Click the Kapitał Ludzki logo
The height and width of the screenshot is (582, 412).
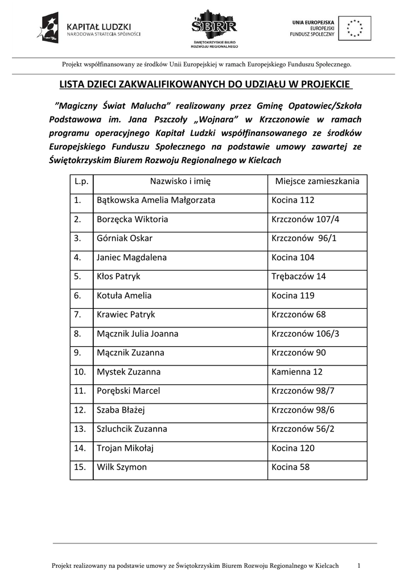pos(88,27)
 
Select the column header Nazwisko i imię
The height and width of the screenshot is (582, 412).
pos(180,181)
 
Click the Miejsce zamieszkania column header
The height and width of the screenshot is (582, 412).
pos(317,181)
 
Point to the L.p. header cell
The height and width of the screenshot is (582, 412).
pos(81,181)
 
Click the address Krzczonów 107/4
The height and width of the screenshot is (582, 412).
pos(305,219)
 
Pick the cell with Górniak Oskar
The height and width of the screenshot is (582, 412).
pos(125,238)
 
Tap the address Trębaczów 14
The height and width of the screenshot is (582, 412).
pos(299,276)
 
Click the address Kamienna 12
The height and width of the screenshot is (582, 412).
pos(297,372)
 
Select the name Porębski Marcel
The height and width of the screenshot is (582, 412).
pos(129,390)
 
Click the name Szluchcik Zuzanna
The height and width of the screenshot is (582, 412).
pos(132,429)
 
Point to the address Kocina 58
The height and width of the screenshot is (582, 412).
pos(292,467)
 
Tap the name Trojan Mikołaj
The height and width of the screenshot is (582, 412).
pos(125,448)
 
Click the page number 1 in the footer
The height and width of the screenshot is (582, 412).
pos(359,566)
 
